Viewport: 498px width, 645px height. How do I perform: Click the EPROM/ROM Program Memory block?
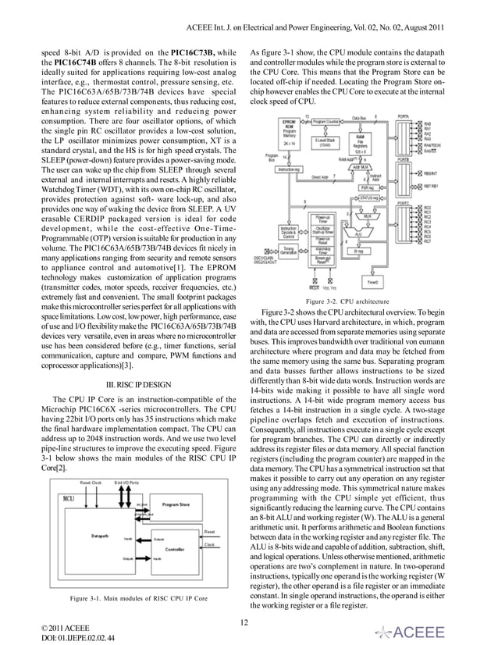click(287, 134)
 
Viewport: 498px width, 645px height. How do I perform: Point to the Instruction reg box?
click(289, 169)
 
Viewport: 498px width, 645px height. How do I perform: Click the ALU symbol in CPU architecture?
click(357, 233)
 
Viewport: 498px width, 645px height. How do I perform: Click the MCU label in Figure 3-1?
click(69, 497)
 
